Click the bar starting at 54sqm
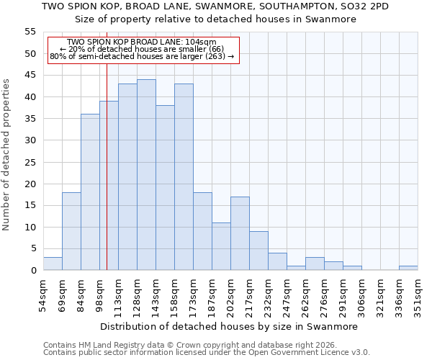[53, 264]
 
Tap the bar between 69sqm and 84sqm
[71, 231]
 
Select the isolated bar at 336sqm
[408, 268]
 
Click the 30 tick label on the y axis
[30, 140]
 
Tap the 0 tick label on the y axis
[32, 271]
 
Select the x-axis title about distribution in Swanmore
[230, 326]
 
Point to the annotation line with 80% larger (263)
[142, 56]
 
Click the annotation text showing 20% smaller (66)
[142, 49]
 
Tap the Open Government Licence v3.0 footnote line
[206, 353]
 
